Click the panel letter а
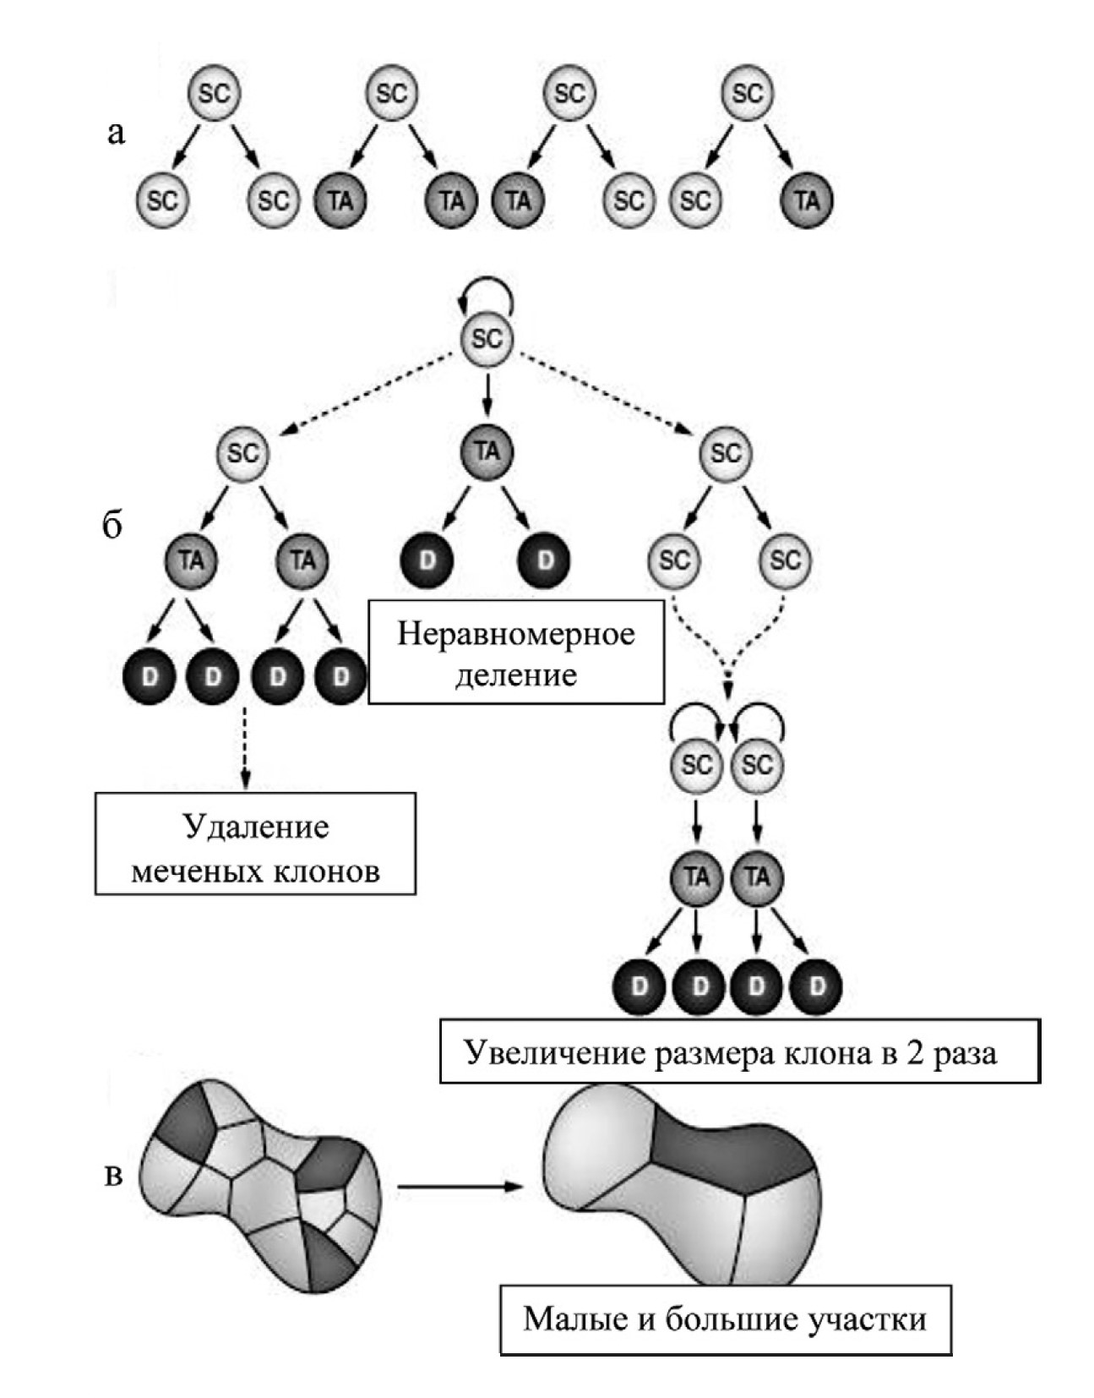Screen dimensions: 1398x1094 [116, 133]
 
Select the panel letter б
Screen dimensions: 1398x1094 [112, 526]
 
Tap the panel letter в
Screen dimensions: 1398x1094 [113, 1175]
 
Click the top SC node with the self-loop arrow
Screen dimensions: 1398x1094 [487, 339]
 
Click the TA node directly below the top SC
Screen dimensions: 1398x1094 [487, 451]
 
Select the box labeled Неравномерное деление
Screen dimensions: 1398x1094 [516, 652]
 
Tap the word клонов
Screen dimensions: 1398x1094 [325, 870]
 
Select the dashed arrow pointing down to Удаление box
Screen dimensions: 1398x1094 [244, 746]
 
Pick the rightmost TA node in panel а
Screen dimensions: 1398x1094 [807, 200]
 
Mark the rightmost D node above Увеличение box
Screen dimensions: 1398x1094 [817, 986]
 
